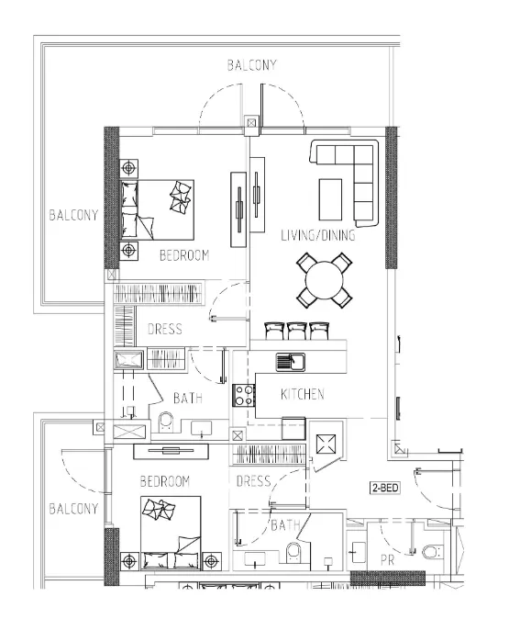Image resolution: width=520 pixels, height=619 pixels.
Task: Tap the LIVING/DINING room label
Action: (318, 236)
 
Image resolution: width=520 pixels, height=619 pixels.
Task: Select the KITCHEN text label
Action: (302, 394)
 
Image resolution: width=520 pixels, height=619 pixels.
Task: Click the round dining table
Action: (324, 281)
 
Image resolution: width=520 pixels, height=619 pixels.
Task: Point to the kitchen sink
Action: (292, 361)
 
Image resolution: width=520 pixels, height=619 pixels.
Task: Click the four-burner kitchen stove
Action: (245, 395)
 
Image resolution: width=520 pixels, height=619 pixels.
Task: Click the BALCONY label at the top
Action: (252, 65)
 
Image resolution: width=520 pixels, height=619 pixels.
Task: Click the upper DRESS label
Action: (164, 330)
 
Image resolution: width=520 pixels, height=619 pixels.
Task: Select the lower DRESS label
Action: (253, 481)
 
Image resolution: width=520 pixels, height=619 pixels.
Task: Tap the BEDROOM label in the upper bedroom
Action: (183, 255)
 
